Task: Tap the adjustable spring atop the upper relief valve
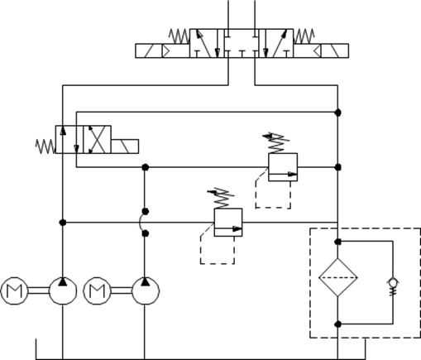pos(276,143)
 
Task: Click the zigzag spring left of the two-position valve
pos(45,146)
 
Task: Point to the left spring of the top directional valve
pos(179,36)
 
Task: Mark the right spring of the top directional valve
pos(304,36)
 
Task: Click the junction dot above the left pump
pos(63,223)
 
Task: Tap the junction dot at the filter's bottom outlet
pos(338,324)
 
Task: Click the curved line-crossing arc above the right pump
pos(141,223)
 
